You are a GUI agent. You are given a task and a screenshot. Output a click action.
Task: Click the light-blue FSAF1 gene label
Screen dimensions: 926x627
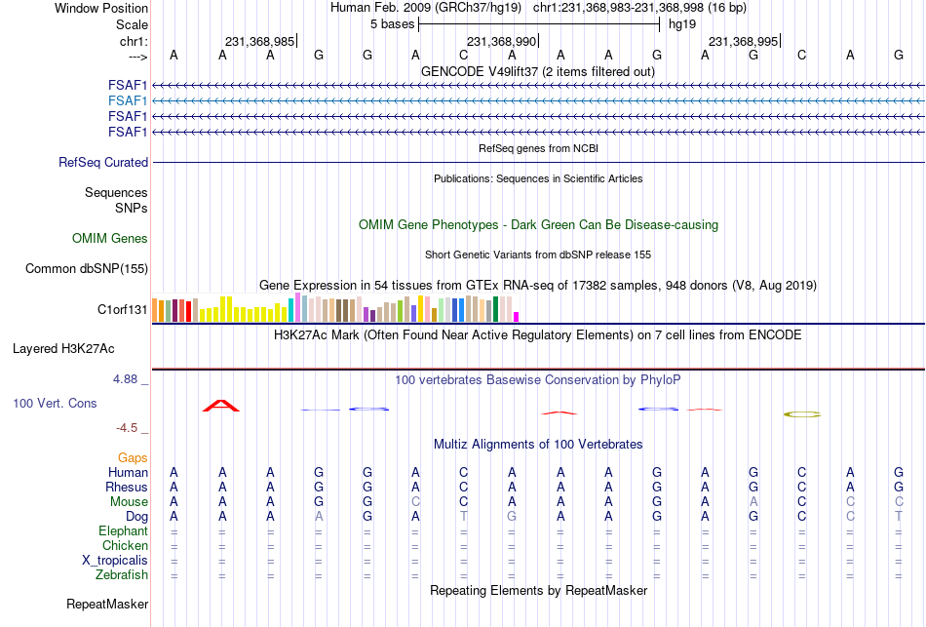pyautogui.click(x=128, y=101)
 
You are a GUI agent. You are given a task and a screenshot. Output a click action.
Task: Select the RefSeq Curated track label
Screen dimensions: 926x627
pyautogui.click(x=103, y=163)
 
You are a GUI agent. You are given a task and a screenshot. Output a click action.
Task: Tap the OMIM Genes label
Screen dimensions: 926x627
pyautogui.click(x=110, y=238)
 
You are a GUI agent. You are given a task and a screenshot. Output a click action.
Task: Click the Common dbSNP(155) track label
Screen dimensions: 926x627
pyautogui.click(x=87, y=269)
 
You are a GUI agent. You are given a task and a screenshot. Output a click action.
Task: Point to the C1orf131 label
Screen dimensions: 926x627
pyautogui.click(x=122, y=310)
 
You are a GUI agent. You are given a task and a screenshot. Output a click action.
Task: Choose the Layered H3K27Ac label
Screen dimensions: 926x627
pyautogui.click(x=63, y=349)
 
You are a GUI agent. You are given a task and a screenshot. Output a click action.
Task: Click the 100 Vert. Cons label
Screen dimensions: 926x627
pyautogui.click(x=55, y=403)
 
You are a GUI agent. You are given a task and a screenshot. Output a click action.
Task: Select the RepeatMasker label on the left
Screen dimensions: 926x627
pyautogui.click(x=107, y=604)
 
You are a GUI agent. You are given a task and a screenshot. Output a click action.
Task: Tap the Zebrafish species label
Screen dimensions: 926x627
pyautogui.click(x=122, y=575)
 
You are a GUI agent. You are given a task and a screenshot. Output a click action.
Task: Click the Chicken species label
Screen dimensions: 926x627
pyautogui.click(x=125, y=545)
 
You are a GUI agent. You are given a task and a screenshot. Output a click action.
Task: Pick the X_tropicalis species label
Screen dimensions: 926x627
pyautogui.click(x=115, y=561)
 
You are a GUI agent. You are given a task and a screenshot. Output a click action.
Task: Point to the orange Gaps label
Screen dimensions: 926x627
pyautogui.click(x=133, y=458)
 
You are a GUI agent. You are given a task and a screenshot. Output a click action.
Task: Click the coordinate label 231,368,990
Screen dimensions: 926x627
pyautogui.click(x=501, y=41)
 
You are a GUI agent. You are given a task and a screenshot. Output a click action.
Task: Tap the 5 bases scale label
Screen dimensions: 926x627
pyautogui.click(x=392, y=24)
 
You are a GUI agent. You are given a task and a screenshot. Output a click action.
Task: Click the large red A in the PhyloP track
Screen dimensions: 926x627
pyautogui.click(x=221, y=406)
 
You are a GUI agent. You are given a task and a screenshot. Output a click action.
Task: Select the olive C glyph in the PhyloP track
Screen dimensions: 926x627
pyautogui.click(x=802, y=414)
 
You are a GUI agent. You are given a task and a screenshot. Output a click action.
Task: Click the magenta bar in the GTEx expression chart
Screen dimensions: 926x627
pyautogui.click(x=517, y=317)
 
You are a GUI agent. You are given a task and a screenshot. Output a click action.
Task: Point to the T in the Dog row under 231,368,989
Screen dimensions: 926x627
pyautogui.click(x=464, y=517)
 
